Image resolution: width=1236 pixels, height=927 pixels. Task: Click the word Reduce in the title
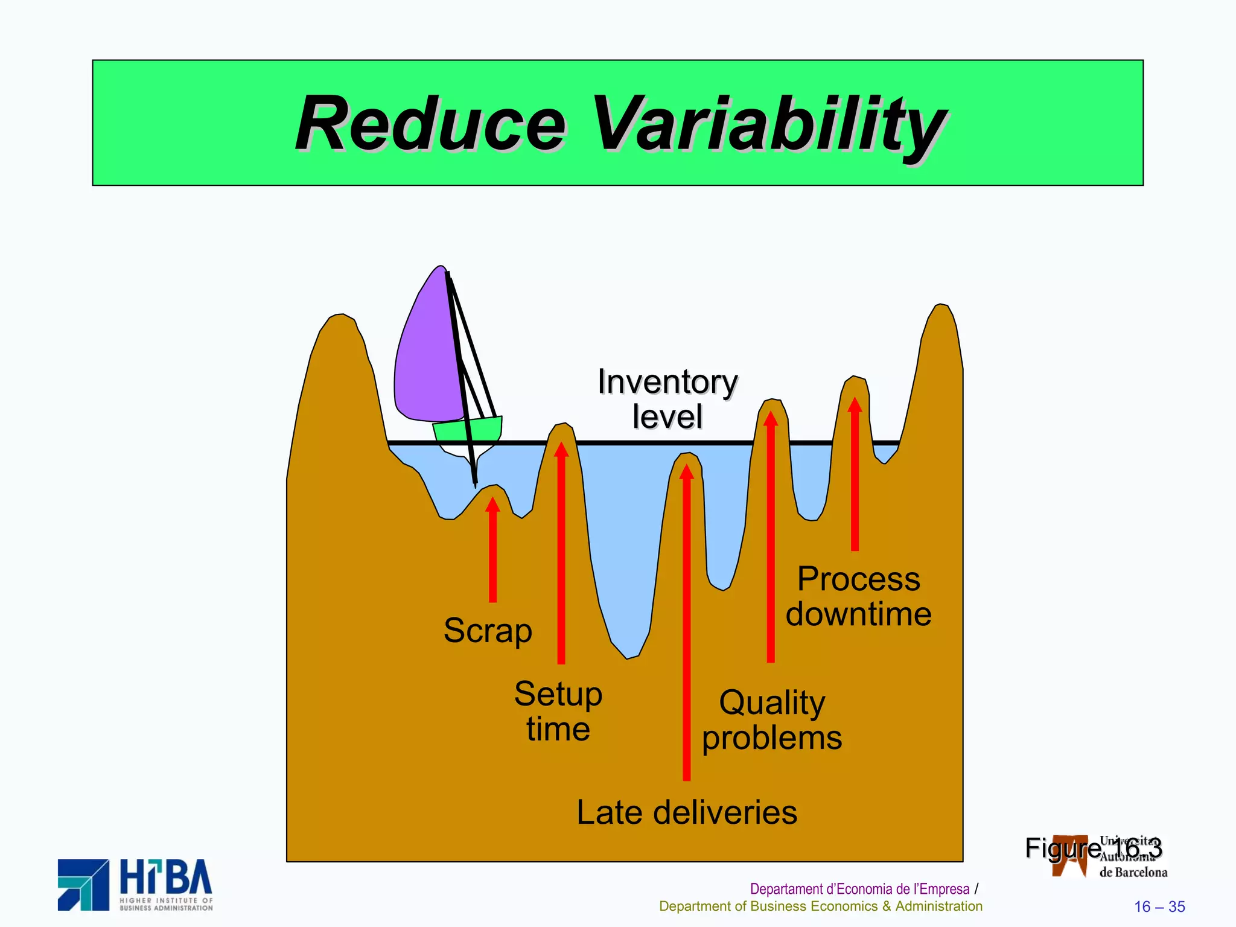click(430, 124)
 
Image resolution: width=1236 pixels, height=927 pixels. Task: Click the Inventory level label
click(667, 398)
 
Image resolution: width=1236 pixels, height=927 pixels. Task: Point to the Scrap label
click(488, 631)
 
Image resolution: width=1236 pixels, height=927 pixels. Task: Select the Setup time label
click(558, 711)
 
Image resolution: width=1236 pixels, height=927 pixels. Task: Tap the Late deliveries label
click(687, 812)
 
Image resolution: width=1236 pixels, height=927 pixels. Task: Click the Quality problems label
click(772, 720)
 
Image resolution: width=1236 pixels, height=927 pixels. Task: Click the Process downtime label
click(858, 596)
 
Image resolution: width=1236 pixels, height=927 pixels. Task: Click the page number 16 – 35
click(1159, 906)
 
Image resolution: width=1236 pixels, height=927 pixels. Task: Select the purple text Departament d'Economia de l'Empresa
click(859, 889)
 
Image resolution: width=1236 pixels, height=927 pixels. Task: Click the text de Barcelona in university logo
click(1133, 872)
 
